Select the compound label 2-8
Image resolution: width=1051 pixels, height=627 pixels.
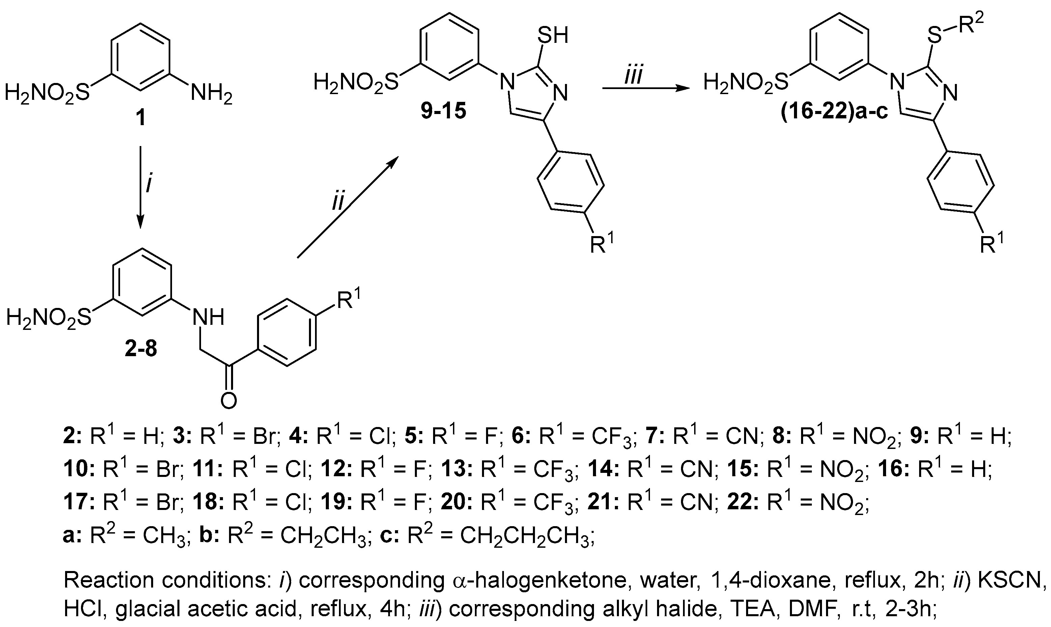pyautogui.click(x=141, y=349)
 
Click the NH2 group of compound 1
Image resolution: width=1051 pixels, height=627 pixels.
pyautogui.click(x=211, y=93)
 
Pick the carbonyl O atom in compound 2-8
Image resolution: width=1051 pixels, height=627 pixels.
pyautogui.click(x=229, y=400)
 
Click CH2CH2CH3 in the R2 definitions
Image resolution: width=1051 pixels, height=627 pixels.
pyautogui.click(x=524, y=536)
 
